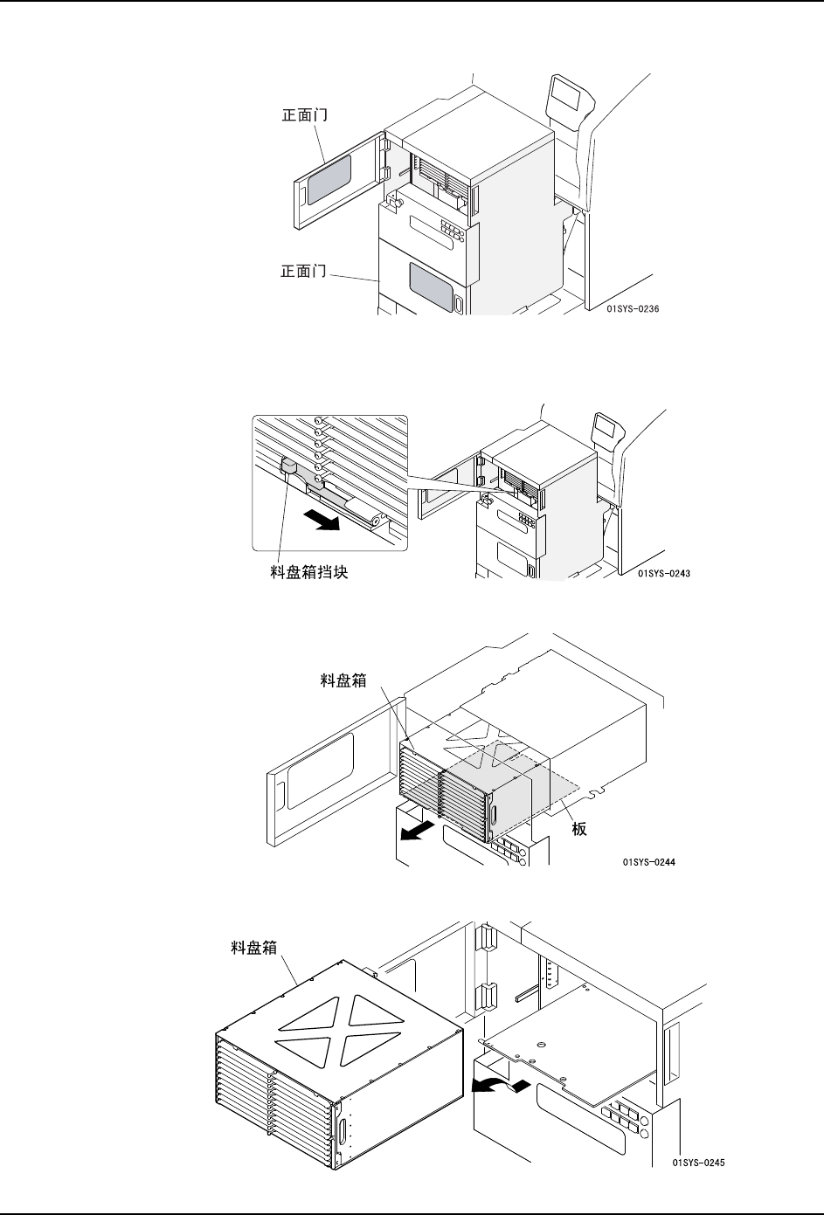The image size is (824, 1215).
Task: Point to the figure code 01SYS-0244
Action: [650, 862]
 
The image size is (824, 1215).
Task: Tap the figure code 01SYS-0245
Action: [698, 1163]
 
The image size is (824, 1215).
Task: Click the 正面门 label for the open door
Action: [303, 114]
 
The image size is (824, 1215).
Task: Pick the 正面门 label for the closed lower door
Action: [303, 272]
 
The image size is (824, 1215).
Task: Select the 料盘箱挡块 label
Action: [309, 574]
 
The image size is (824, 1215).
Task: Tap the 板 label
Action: [579, 829]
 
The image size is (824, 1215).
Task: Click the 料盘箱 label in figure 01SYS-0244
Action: [343, 679]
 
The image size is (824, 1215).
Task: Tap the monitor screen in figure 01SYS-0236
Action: [564, 92]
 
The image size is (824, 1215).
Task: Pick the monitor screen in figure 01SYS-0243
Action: [606, 428]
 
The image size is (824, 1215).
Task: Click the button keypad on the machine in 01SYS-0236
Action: [453, 228]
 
